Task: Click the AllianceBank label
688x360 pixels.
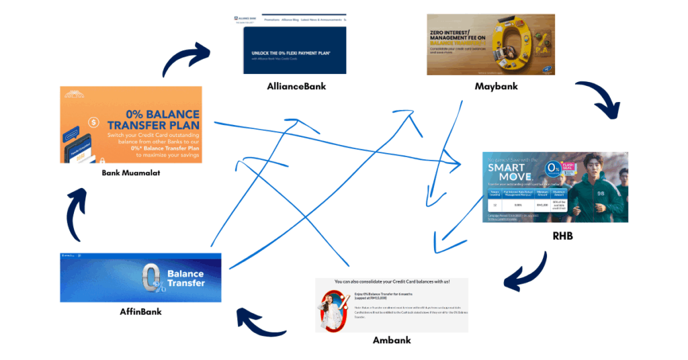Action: coord(296,87)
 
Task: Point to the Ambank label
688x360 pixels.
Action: coord(392,341)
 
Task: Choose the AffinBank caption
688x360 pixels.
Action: coord(140,312)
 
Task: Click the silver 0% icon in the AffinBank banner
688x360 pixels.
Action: coord(151,277)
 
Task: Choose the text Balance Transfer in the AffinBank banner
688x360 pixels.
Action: coord(186,278)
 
